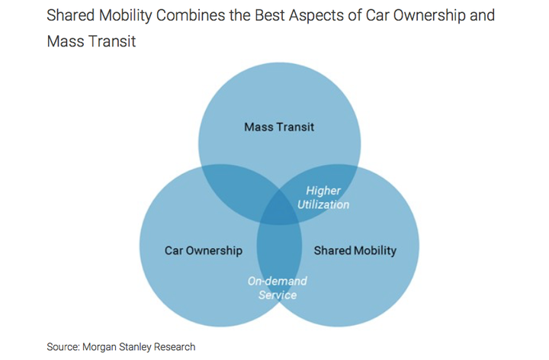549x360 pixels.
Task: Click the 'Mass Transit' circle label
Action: point(279,127)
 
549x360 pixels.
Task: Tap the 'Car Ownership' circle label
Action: point(204,251)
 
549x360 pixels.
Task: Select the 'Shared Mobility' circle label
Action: point(355,251)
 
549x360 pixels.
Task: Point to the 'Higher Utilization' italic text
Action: point(323,198)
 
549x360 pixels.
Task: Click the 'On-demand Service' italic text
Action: point(278,288)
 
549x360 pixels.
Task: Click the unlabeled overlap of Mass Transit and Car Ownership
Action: point(237,189)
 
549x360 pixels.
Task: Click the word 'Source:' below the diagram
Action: point(63,347)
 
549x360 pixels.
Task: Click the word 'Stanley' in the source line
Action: point(135,347)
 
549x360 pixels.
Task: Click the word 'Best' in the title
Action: point(270,15)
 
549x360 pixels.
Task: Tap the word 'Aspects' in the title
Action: point(316,16)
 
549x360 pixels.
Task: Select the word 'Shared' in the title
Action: point(71,15)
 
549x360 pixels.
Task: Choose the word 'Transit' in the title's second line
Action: point(114,41)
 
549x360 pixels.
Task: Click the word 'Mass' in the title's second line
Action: point(67,41)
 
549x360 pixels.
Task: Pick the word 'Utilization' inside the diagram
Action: point(323,204)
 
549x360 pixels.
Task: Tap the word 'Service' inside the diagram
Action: point(278,295)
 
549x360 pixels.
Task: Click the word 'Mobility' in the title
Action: point(125,16)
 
